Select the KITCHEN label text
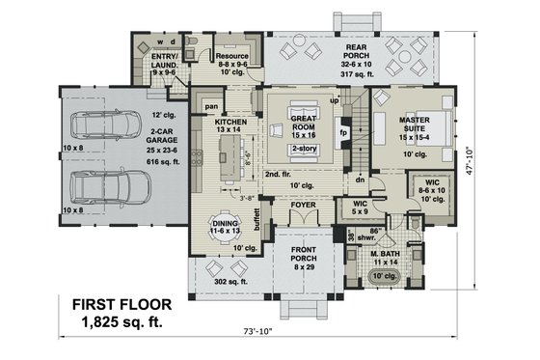231,123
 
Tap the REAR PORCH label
357,50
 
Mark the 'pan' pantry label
208,106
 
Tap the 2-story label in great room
304,150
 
